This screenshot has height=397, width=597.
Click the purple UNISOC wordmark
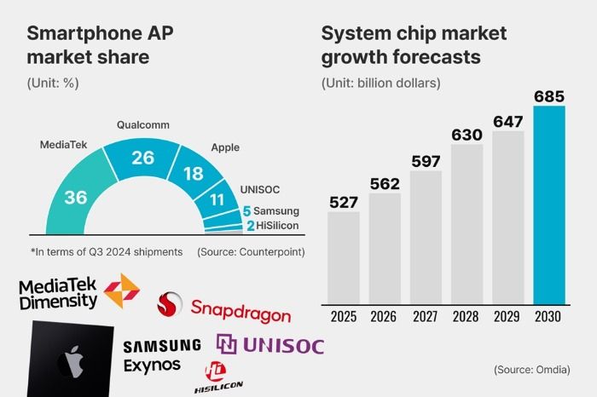coord(270,345)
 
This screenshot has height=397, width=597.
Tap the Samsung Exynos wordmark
coord(162,355)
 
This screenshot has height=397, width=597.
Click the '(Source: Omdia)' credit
coord(532,370)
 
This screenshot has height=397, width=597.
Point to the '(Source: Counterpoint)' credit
coord(251,252)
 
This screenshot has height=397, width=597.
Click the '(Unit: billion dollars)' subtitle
coord(381,83)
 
